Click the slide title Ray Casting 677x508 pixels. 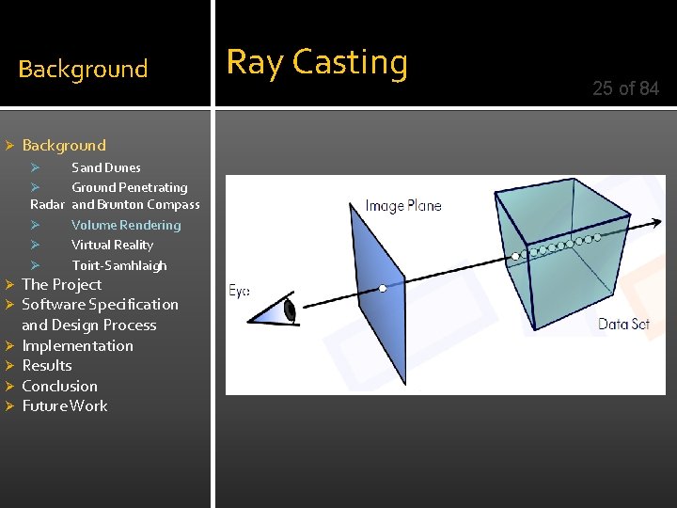(x=317, y=63)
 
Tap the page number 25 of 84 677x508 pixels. (x=625, y=88)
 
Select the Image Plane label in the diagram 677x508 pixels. (x=402, y=205)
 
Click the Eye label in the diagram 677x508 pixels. (x=240, y=291)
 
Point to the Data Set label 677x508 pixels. (x=623, y=325)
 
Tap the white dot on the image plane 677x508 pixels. (x=383, y=288)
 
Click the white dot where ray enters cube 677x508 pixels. (x=515, y=255)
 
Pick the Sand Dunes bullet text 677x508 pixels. (x=106, y=167)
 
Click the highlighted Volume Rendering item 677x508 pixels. (x=126, y=225)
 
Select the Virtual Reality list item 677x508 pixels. (x=112, y=245)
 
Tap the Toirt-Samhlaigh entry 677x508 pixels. (x=119, y=265)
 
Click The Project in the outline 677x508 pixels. (x=61, y=284)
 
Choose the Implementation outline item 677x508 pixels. (x=77, y=345)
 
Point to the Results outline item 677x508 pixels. (x=47, y=365)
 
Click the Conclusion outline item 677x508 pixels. (x=59, y=386)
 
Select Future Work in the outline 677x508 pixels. (x=64, y=405)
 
